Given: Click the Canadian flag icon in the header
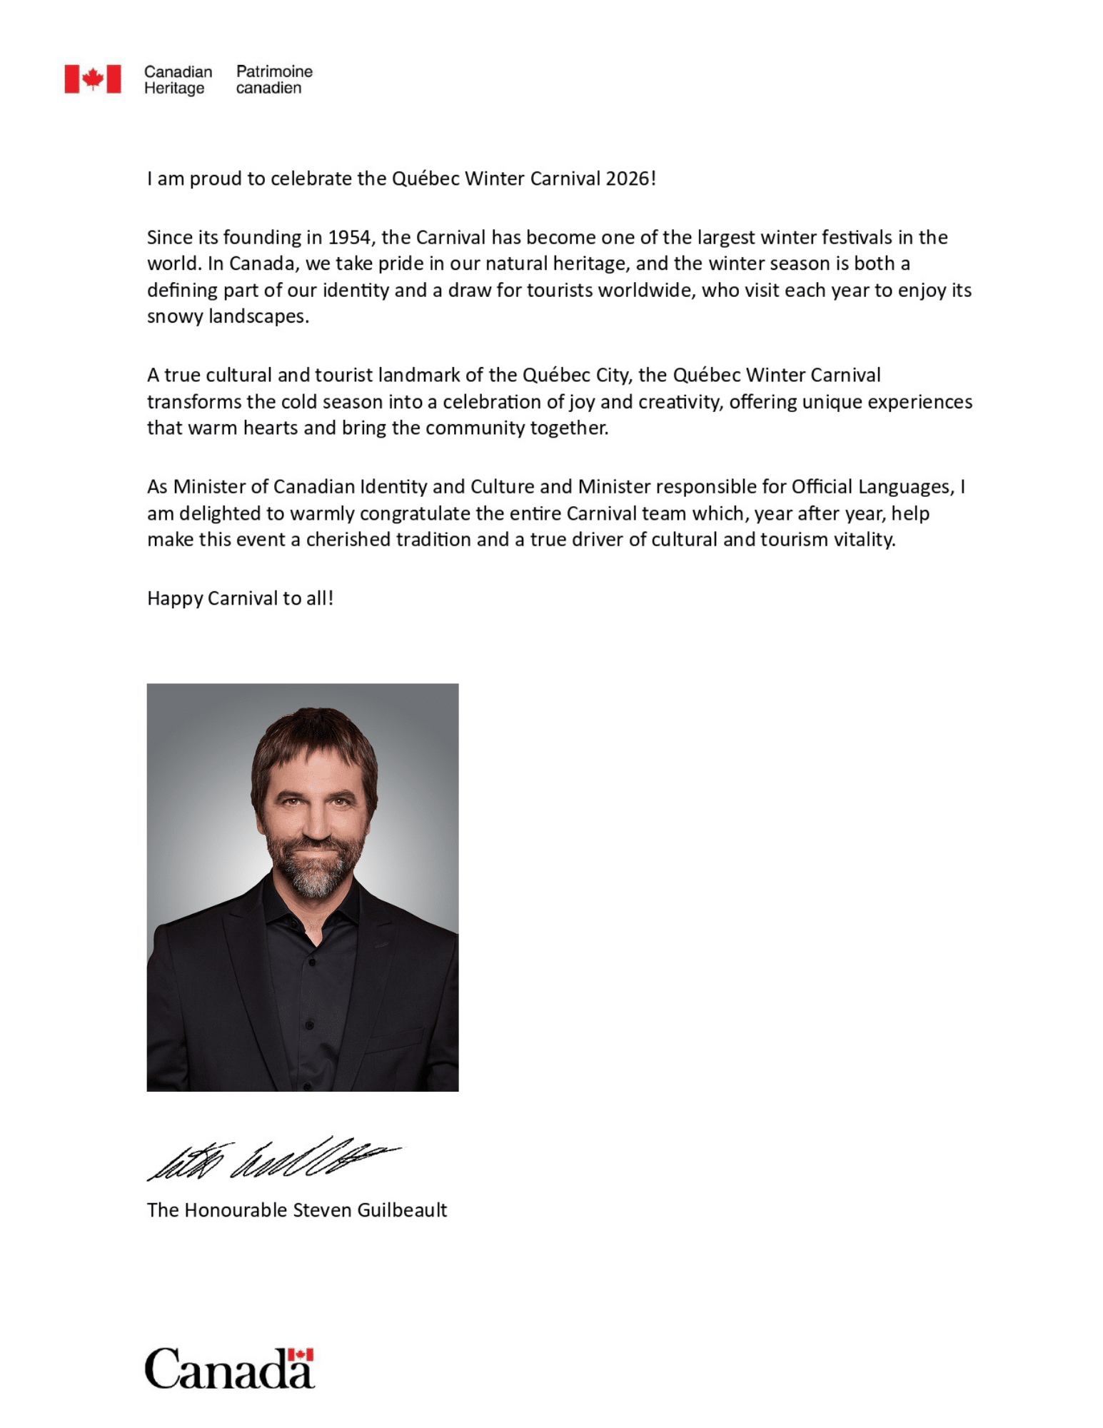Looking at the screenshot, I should (x=92, y=79).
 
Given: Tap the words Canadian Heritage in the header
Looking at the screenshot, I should (x=178, y=80).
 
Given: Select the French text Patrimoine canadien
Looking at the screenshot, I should (x=274, y=80).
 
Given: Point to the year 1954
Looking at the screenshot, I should (x=349, y=237).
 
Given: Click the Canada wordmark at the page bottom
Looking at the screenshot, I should (x=228, y=1369).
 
